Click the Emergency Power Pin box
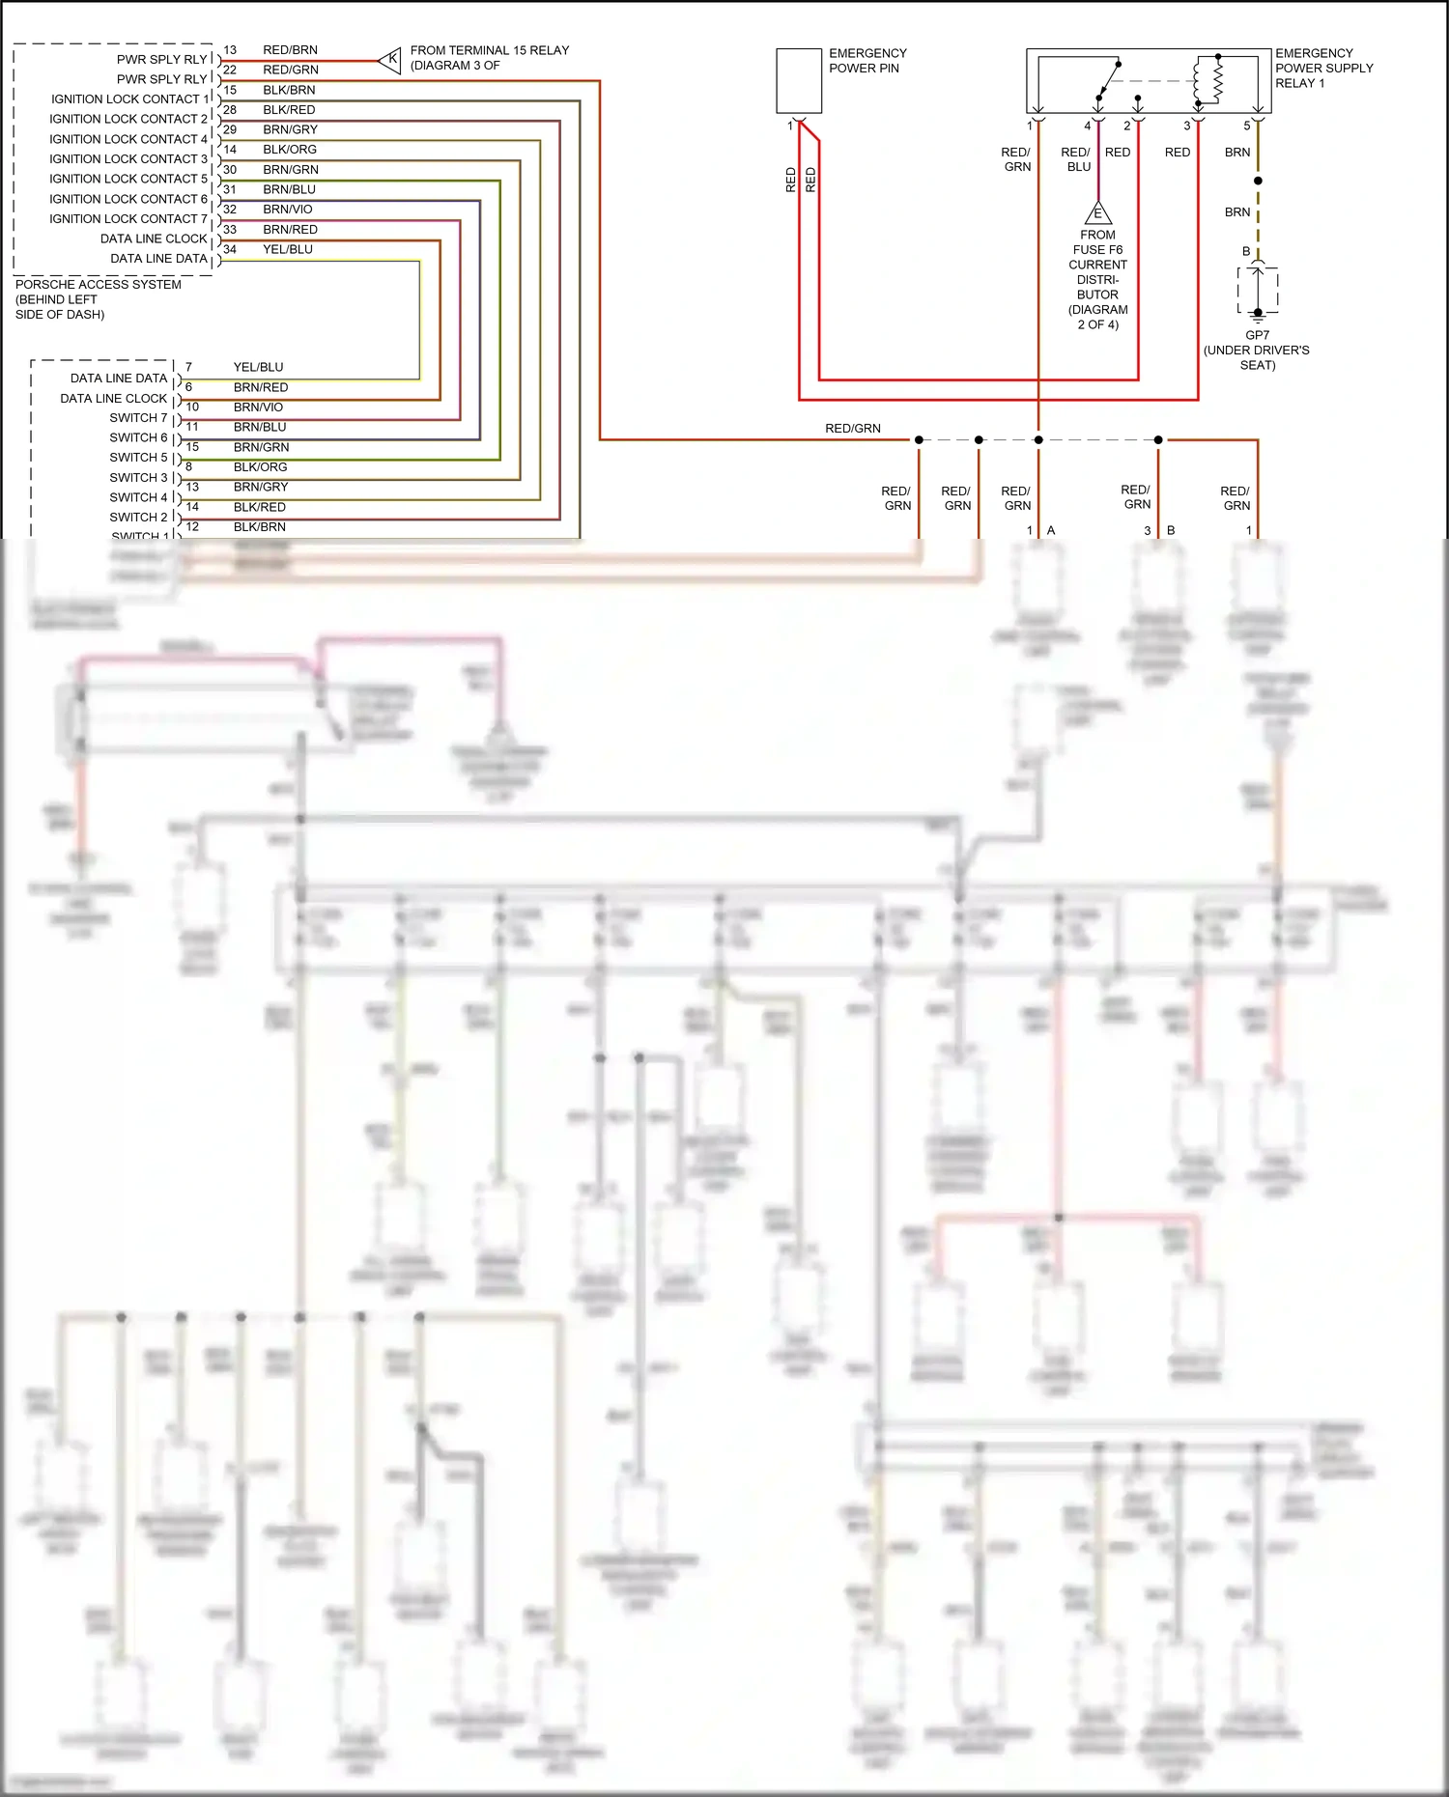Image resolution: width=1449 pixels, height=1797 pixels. (799, 81)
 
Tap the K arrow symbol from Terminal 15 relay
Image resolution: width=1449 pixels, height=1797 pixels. (390, 60)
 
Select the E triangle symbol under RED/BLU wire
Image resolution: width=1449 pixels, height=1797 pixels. (1097, 213)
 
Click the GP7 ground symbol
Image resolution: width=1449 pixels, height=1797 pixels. (1257, 314)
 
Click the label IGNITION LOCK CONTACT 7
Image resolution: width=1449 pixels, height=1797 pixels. (128, 219)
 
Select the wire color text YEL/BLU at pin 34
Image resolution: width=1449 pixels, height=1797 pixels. (288, 249)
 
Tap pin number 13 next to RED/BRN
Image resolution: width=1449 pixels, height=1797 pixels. (230, 50)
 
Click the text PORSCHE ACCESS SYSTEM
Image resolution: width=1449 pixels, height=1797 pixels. (99, 285)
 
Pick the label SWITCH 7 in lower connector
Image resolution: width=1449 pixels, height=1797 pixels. (138, 418)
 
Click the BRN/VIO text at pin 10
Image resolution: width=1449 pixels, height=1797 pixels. (258, 407)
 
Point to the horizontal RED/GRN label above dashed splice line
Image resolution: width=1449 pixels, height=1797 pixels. (852, 429)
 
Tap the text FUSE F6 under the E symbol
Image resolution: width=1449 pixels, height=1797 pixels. (1097, 250)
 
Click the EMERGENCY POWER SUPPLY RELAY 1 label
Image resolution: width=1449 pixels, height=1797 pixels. (1323, 68)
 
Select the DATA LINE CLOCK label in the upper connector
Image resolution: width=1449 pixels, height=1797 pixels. (154, 239)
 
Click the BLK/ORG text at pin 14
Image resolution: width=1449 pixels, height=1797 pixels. (290, 150)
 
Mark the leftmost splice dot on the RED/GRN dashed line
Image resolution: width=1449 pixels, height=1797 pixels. (919, 440)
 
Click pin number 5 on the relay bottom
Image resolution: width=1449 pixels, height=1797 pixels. (1246, 126)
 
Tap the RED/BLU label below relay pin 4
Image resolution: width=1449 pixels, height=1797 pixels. (1076, 159)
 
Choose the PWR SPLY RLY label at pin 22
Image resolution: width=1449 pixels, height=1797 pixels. (161, 79)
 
